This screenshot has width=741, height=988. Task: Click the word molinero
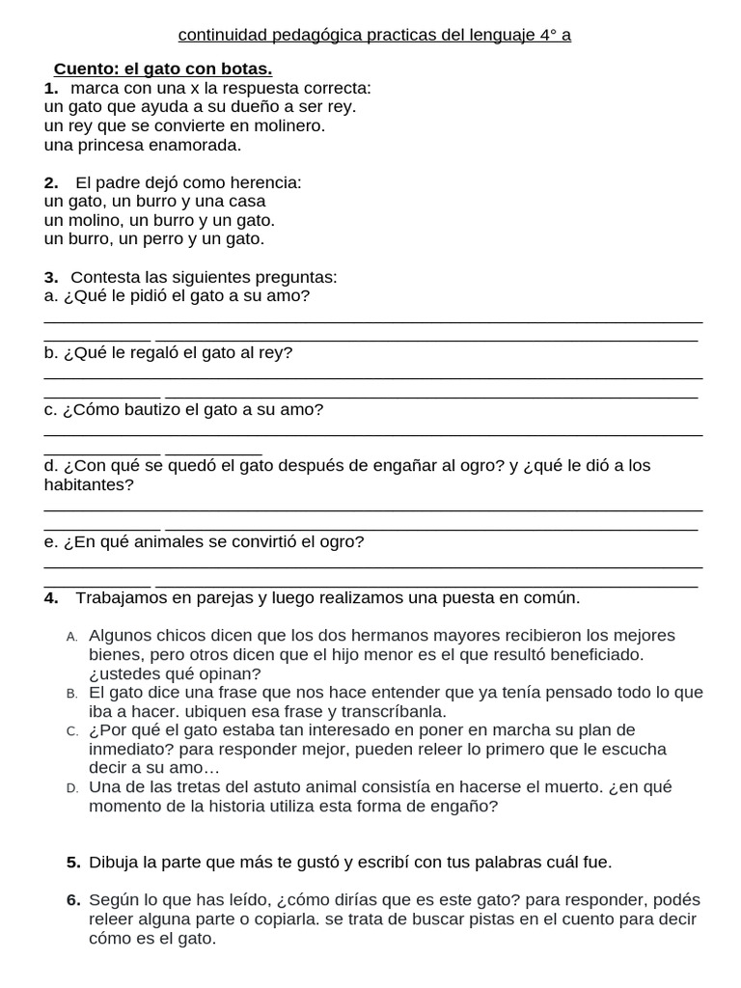click(x=288, y=126)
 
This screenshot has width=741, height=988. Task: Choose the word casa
click(x=247, y=202)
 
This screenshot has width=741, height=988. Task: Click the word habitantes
click(x=88, y=485)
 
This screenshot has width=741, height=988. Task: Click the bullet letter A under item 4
click(x=71, y=637)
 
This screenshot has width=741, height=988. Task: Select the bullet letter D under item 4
click(x=71, y=788)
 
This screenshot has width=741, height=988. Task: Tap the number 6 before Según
click(x=73, y=900)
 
